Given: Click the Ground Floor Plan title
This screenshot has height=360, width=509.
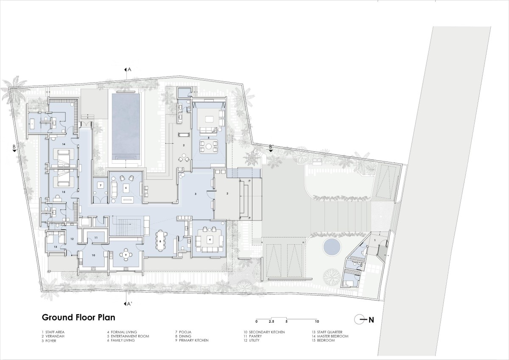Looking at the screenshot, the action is point(78,317).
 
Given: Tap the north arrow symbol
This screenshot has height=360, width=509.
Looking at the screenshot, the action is point(364,320).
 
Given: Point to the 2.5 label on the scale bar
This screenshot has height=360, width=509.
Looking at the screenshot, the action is point(271,321).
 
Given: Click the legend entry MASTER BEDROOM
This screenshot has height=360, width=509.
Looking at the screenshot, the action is point(333,336).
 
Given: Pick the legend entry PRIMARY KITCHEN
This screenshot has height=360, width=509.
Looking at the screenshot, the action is point(193,340).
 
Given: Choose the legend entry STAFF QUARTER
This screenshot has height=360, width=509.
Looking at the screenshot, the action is point(330,332).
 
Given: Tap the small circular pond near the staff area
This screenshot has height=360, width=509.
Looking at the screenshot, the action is point(332,247).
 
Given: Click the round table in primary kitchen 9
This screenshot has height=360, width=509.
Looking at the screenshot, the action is point(126,254).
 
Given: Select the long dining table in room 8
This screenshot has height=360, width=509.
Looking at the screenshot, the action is point(160,240).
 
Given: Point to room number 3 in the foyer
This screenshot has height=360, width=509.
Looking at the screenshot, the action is point(196,194).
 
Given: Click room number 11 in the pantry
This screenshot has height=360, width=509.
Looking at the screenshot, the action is point(96,237).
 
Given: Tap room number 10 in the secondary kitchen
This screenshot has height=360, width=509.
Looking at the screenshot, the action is point(93,255).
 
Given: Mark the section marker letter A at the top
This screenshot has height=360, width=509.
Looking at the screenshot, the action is point(129,70).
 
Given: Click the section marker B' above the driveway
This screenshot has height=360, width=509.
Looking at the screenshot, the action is point(271,147).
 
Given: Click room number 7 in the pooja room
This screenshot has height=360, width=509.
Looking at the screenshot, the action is point(100,186).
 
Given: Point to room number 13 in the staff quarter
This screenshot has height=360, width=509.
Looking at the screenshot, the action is point(55,247).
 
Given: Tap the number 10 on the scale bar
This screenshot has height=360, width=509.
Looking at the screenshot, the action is point(317,321).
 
